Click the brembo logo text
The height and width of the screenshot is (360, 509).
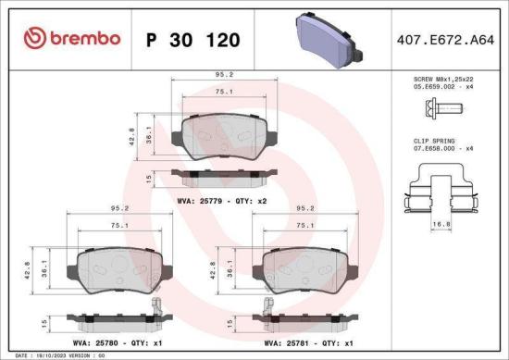(84, 40)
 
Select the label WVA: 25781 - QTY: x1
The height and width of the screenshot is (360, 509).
(301, 341)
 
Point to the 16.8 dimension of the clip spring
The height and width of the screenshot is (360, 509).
(441, 223)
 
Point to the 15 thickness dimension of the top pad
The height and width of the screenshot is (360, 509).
(149, 177)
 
